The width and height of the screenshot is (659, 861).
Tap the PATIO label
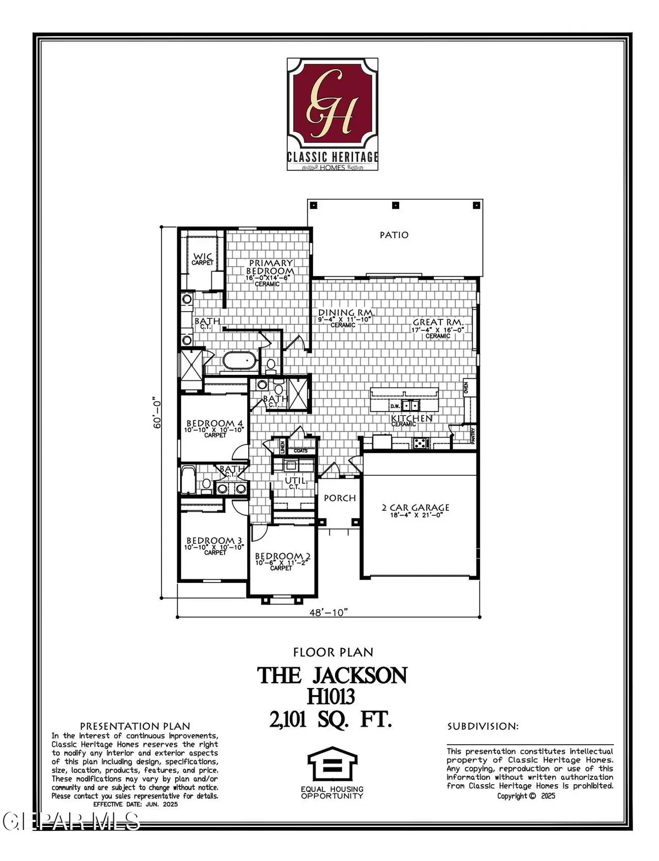(x=394, y=235)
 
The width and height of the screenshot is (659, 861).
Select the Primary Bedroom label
(x=270, y=267)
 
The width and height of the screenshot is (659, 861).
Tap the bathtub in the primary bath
(x=239, y=362)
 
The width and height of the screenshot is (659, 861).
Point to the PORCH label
(x=340, y=498)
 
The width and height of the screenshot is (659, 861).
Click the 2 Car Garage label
(x=416, y=508)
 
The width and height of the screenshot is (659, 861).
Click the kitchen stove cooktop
(x=420, y=442)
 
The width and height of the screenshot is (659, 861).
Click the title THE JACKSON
(x=333, y=676)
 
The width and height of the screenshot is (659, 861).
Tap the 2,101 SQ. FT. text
(x=331, y=719)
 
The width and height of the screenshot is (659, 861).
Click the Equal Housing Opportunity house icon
(x=332, y=766)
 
